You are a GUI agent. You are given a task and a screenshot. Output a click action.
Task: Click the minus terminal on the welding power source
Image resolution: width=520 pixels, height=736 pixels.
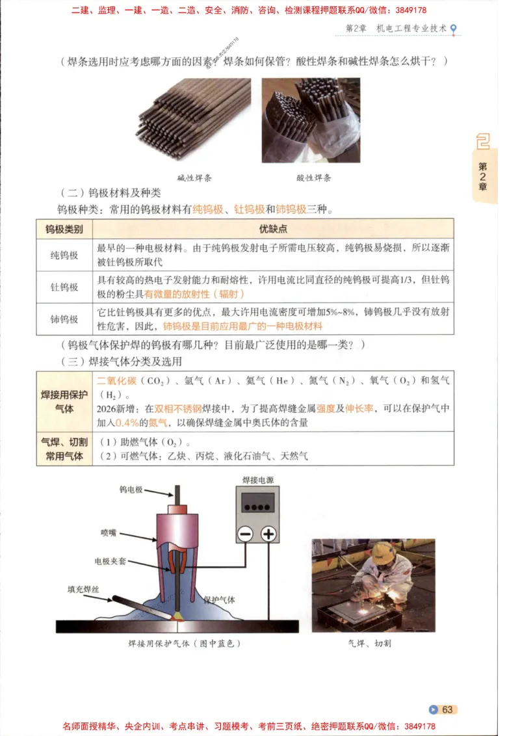pyautogui.click(x=245, y=534)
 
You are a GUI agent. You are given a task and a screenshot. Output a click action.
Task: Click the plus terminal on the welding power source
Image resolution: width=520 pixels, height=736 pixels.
pyautogui.click(x=269, y=534)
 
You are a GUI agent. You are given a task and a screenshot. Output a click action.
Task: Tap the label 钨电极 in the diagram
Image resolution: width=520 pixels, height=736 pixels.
pyautogui.click(x=130, y=490)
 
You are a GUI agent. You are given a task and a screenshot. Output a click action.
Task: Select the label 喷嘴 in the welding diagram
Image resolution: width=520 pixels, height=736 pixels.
pyautogui.click(x=108, y=532)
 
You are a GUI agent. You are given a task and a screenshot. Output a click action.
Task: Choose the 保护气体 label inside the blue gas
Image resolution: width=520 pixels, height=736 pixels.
pyautogui.click(x=219, y=599)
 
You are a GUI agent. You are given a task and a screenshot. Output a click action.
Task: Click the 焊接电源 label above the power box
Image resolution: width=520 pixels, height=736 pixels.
pyautogui.click(x=257, y=480)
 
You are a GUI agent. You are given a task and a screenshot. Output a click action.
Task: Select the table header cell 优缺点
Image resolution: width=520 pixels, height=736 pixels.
pyautogui.click(x=273, y=229)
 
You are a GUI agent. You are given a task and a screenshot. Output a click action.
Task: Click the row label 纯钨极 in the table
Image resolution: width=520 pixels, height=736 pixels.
pyautogui.click(x=64, y=256)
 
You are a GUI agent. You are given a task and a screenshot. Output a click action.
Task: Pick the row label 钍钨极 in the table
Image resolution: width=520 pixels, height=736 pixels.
pyautogui.click(x=64, y=287)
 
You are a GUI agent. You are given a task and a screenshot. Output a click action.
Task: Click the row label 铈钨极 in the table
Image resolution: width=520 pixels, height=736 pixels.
pyautogui.click(x=64, y=319)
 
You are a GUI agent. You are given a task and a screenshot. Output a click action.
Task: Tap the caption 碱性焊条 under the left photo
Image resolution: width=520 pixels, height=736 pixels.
pyautogui.click(x=194, y=177)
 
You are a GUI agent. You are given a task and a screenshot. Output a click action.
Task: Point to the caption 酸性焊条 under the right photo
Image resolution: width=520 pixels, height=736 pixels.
pyautogui.click(x=314, y=177)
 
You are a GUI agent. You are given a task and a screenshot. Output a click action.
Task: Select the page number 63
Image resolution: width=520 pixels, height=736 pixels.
pyautogui.click(x=447, y=709)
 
